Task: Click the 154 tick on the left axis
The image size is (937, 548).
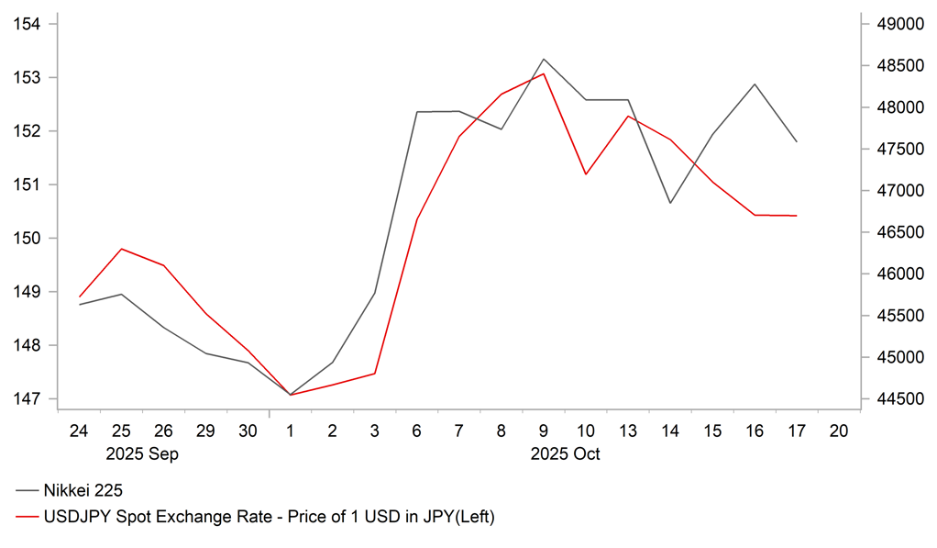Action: (28, 24)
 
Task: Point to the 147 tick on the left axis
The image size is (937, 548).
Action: (28, 399)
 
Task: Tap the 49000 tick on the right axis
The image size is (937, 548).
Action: (896, 24)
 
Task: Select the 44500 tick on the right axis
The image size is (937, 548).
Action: (896, 399)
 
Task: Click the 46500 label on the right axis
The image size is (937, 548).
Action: (896, 232)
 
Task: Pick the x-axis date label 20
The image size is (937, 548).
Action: (838, 431)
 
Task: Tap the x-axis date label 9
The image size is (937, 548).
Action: (544, 431)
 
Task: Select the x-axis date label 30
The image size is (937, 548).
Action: (248, 431)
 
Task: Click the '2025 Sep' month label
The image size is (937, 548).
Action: (142, 453)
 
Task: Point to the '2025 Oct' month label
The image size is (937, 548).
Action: (565, 453)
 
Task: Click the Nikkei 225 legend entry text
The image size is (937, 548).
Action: (83, 491)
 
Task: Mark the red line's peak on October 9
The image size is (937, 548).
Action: (544, 73)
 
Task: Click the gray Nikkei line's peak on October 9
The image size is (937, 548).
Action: (544, 59)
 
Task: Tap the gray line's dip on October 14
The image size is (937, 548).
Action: (670, 203)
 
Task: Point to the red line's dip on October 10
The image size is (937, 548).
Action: (586, 174)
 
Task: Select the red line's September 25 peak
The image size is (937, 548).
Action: (122, 249)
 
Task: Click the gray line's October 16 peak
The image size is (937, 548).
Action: (755, 84)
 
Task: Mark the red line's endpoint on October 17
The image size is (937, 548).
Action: (797, 216)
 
